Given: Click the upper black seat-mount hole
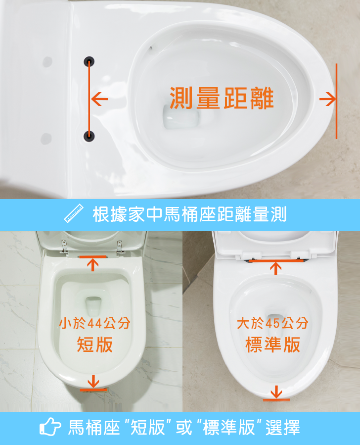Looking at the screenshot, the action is pyautogui.click(x=89, y=61).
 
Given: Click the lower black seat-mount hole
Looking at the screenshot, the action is pyautogui.click(x=89, y=136).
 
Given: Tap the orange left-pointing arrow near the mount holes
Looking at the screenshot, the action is pyautogui.click(x=99, y=99).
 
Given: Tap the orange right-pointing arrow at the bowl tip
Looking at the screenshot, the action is pyautogui.click(x=328, y=99).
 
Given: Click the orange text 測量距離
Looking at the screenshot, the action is pyautogui.click(x=222, y=98).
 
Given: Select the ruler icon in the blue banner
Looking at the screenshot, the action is pyautogui.click(x=74, y=213).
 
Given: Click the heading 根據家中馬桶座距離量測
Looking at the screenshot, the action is pyautogui.click(x=189, y=214).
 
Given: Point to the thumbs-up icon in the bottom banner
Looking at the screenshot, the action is pyautogui.click(x=50, y=426).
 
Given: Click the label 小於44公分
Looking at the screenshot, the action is pyautogui.click(x=94, y=323).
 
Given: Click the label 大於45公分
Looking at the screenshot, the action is pyautogui.click(x=272, y=323).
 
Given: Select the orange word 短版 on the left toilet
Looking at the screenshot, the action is pyautogui.click(x=94, y=345).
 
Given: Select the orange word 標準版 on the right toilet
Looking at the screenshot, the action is pyautogui.click(x=272, y=345).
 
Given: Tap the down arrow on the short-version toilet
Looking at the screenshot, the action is pyautogui.click(x=93, y=381).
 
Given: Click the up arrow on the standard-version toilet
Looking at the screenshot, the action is pyautogui.click(x=276, y=268).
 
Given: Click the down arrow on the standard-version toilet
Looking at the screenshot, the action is pyautogui.click(x=276, y=392).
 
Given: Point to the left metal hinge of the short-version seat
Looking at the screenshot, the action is pyautogui.click(x=65, y=247).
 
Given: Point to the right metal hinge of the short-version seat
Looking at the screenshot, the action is pyautogui.click(x=120, y=247).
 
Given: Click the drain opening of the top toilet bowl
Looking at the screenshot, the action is pyautogui.click(x=181, y=116).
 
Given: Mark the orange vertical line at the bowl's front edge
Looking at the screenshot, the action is pyautogui.click(x=336, y=101).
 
